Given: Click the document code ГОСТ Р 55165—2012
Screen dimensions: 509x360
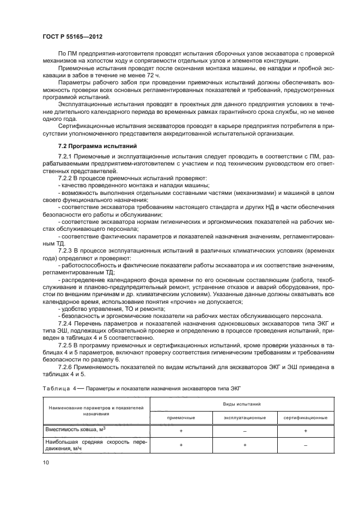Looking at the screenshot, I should tap(72, 36).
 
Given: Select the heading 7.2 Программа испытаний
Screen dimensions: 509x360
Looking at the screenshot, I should tap(93, 146).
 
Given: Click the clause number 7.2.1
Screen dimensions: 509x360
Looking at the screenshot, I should tap(67, 157).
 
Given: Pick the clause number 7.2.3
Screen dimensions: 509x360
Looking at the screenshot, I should tap(67, 249).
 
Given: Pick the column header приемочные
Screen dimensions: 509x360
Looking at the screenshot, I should tap(181, 417).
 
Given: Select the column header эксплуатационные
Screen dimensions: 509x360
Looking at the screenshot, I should tap(245, 417).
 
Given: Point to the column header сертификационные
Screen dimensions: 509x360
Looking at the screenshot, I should tap(306, 417).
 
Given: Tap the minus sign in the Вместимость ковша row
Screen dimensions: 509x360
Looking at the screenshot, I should tap(245, 431).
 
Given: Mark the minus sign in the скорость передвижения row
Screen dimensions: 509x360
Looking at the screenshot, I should tap(306, 445).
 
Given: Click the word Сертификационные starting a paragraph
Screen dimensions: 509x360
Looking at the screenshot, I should tap(83, 125).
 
